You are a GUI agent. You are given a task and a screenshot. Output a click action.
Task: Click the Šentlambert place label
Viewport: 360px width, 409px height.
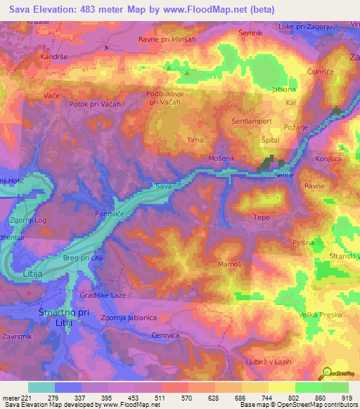coord(252,121)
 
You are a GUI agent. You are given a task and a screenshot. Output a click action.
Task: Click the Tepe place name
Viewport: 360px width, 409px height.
coord(262,218)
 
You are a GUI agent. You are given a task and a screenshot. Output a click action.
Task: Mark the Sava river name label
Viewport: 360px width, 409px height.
coord(163,188)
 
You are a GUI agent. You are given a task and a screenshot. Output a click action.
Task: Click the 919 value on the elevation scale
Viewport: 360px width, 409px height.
coord(347,398)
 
